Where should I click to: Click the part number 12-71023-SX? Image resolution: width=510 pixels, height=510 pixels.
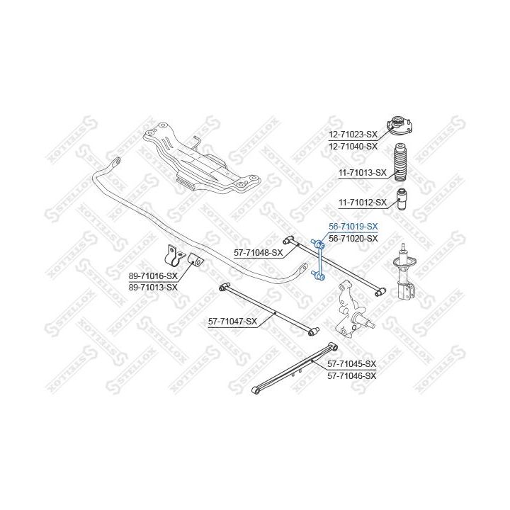(352, 134)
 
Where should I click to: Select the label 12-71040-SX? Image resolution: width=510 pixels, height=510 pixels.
(352, 146)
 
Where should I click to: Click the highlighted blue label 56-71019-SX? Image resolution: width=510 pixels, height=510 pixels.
(352, 227)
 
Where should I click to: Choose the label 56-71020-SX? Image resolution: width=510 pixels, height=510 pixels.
(352, 239)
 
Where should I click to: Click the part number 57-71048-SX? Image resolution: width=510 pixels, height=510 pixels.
(259, 252)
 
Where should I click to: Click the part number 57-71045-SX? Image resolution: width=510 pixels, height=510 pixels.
(352, 363)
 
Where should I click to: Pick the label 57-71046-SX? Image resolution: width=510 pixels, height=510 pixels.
(352, 375)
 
